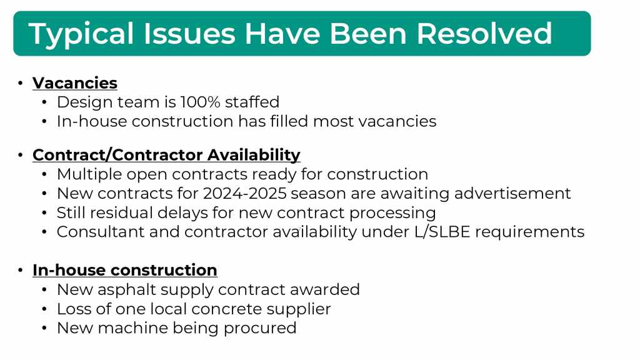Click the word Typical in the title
click(81, 34)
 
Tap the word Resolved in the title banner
click(484, 33)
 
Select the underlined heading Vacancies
click(75, 83)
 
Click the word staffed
click(252, 102)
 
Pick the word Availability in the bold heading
click(254, 155)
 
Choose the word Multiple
click(89, 175)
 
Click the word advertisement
click(512, 193)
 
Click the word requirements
click(530, 232)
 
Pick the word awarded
click(325, 289)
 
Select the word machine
click(132, 328)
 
